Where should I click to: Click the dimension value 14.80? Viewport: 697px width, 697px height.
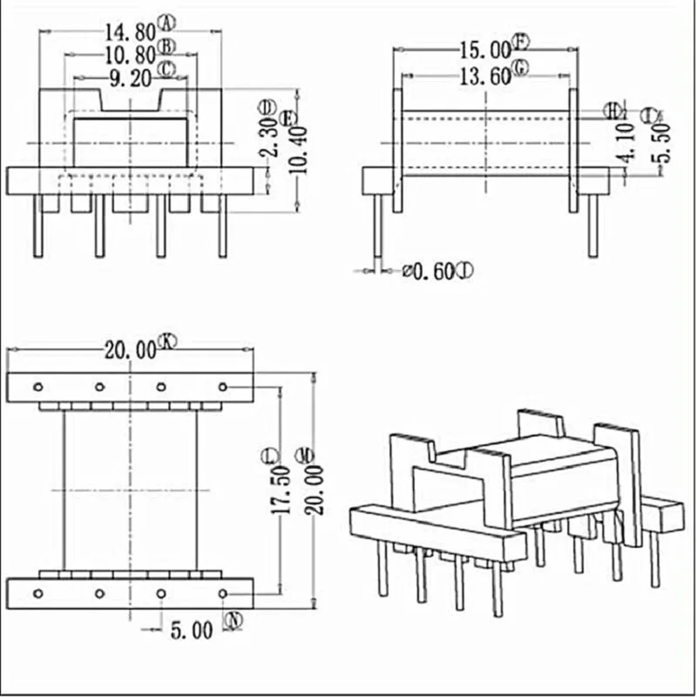coord(130,32)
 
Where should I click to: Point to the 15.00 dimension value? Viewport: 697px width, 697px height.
coord(484,51)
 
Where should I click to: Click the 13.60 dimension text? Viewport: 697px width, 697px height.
coord(484,76)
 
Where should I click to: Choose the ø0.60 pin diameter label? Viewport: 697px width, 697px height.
coord(428,273)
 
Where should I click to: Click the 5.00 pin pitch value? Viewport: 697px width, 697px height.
coord(192,630)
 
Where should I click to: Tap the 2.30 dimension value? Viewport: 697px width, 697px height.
coord(271,138)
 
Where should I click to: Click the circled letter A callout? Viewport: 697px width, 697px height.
coord(168,22)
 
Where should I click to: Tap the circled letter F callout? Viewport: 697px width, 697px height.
coord(521,41)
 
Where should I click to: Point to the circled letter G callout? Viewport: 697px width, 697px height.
coord(521,68)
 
